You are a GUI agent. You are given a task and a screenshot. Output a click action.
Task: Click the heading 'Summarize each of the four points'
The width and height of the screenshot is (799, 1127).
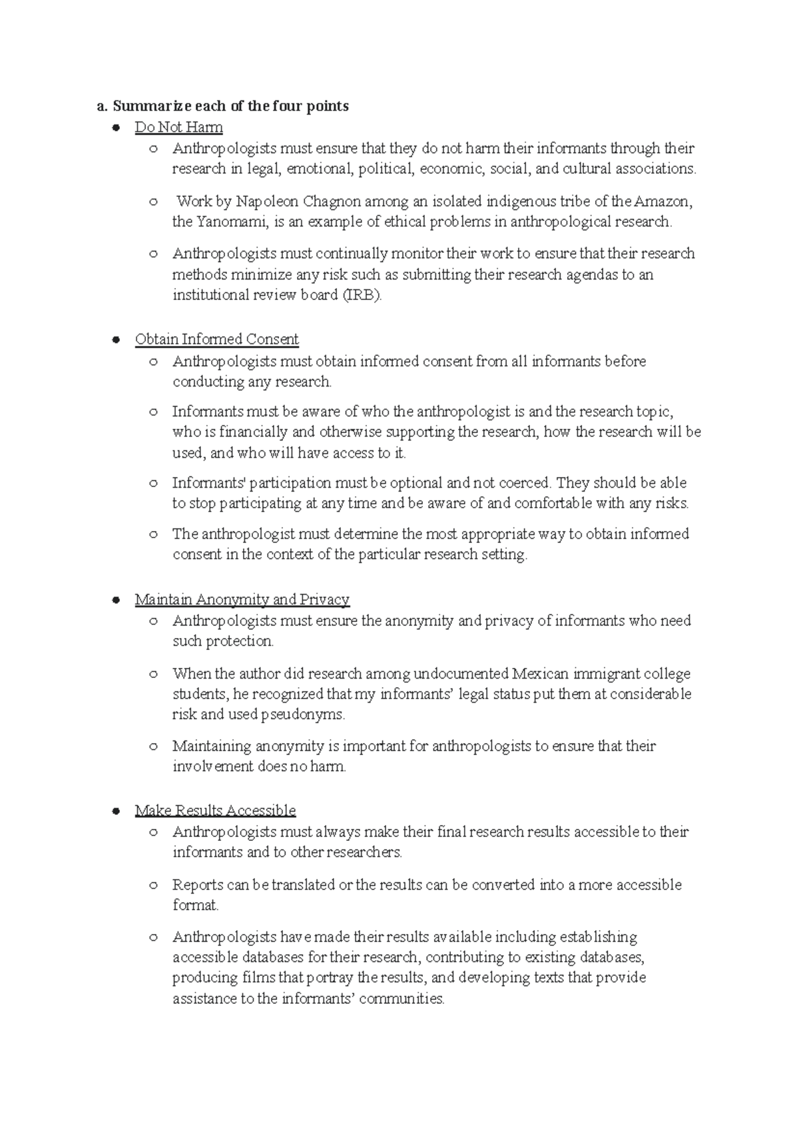point(230,106)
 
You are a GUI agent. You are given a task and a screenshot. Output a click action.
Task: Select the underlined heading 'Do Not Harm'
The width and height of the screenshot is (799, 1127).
point(178,127)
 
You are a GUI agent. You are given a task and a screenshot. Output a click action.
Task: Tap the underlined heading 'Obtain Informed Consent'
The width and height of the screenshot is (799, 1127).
point(216,339)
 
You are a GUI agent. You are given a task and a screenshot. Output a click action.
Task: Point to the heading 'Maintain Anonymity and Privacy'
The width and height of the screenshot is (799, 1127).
point(242,599)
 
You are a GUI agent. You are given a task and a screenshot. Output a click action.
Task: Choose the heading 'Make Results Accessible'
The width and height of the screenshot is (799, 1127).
point(215,810)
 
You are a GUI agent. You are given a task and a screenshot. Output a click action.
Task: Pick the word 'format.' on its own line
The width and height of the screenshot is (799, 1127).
point(195,905)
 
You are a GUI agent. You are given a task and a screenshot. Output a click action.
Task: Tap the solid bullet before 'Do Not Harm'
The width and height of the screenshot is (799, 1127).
point(116,127)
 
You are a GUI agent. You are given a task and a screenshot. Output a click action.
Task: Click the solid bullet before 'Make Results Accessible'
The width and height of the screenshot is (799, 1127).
point(116,810)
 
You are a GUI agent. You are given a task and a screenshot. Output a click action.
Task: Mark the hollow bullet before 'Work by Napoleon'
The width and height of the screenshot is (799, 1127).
point(153,202)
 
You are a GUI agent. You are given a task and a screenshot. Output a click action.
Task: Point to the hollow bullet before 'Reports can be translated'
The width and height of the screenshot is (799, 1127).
point(153,885)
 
